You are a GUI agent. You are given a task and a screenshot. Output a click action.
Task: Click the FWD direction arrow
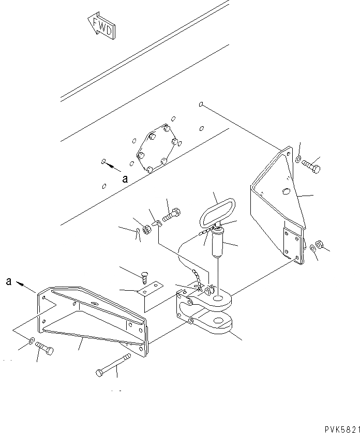point(101,27)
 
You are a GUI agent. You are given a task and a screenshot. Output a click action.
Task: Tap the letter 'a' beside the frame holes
point(125,180)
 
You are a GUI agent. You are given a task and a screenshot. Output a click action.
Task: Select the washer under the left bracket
point(33,341)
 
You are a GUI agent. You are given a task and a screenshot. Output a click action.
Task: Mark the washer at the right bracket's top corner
point(299,157)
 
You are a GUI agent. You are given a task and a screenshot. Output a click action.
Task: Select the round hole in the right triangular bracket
point(287,192)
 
